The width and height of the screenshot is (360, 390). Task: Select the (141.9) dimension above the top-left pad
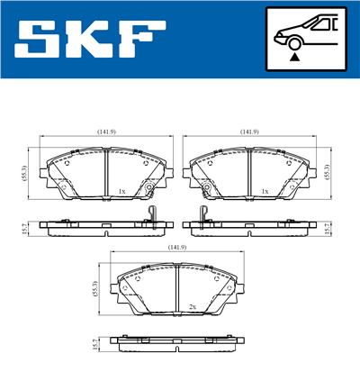coord(107,132)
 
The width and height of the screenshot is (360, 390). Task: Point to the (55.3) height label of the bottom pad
coord(96,288)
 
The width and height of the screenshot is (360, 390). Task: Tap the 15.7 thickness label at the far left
coord(23,231)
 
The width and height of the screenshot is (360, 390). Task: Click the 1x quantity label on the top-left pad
coord(121,192)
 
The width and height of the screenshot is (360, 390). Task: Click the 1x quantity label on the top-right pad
coord(264,192)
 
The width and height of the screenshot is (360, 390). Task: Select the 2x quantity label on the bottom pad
coord(192,307)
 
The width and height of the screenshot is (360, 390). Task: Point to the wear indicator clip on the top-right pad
coord(203,216)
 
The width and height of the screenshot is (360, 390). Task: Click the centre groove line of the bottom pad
coord(175,289)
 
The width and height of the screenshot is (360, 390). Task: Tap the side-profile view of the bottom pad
coord(175,344)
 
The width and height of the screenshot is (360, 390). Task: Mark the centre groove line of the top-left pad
coord(107,171)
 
